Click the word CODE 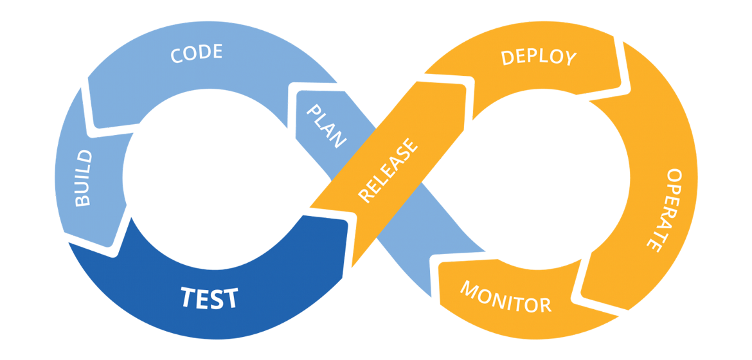click(196, 53)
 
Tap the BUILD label click(84, 178)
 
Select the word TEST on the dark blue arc click(209, 298)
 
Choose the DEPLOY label click(539, 57)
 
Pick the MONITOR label click(505, 296)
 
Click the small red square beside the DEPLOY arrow click(623, 89)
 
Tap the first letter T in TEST click(187, 297)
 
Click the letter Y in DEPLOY click(569, 59)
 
